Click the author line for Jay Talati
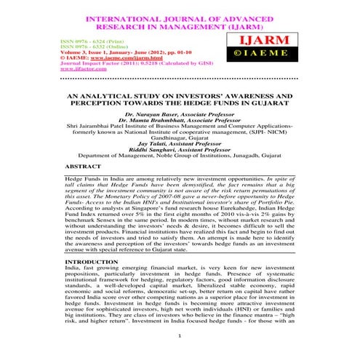click(180, 144)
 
